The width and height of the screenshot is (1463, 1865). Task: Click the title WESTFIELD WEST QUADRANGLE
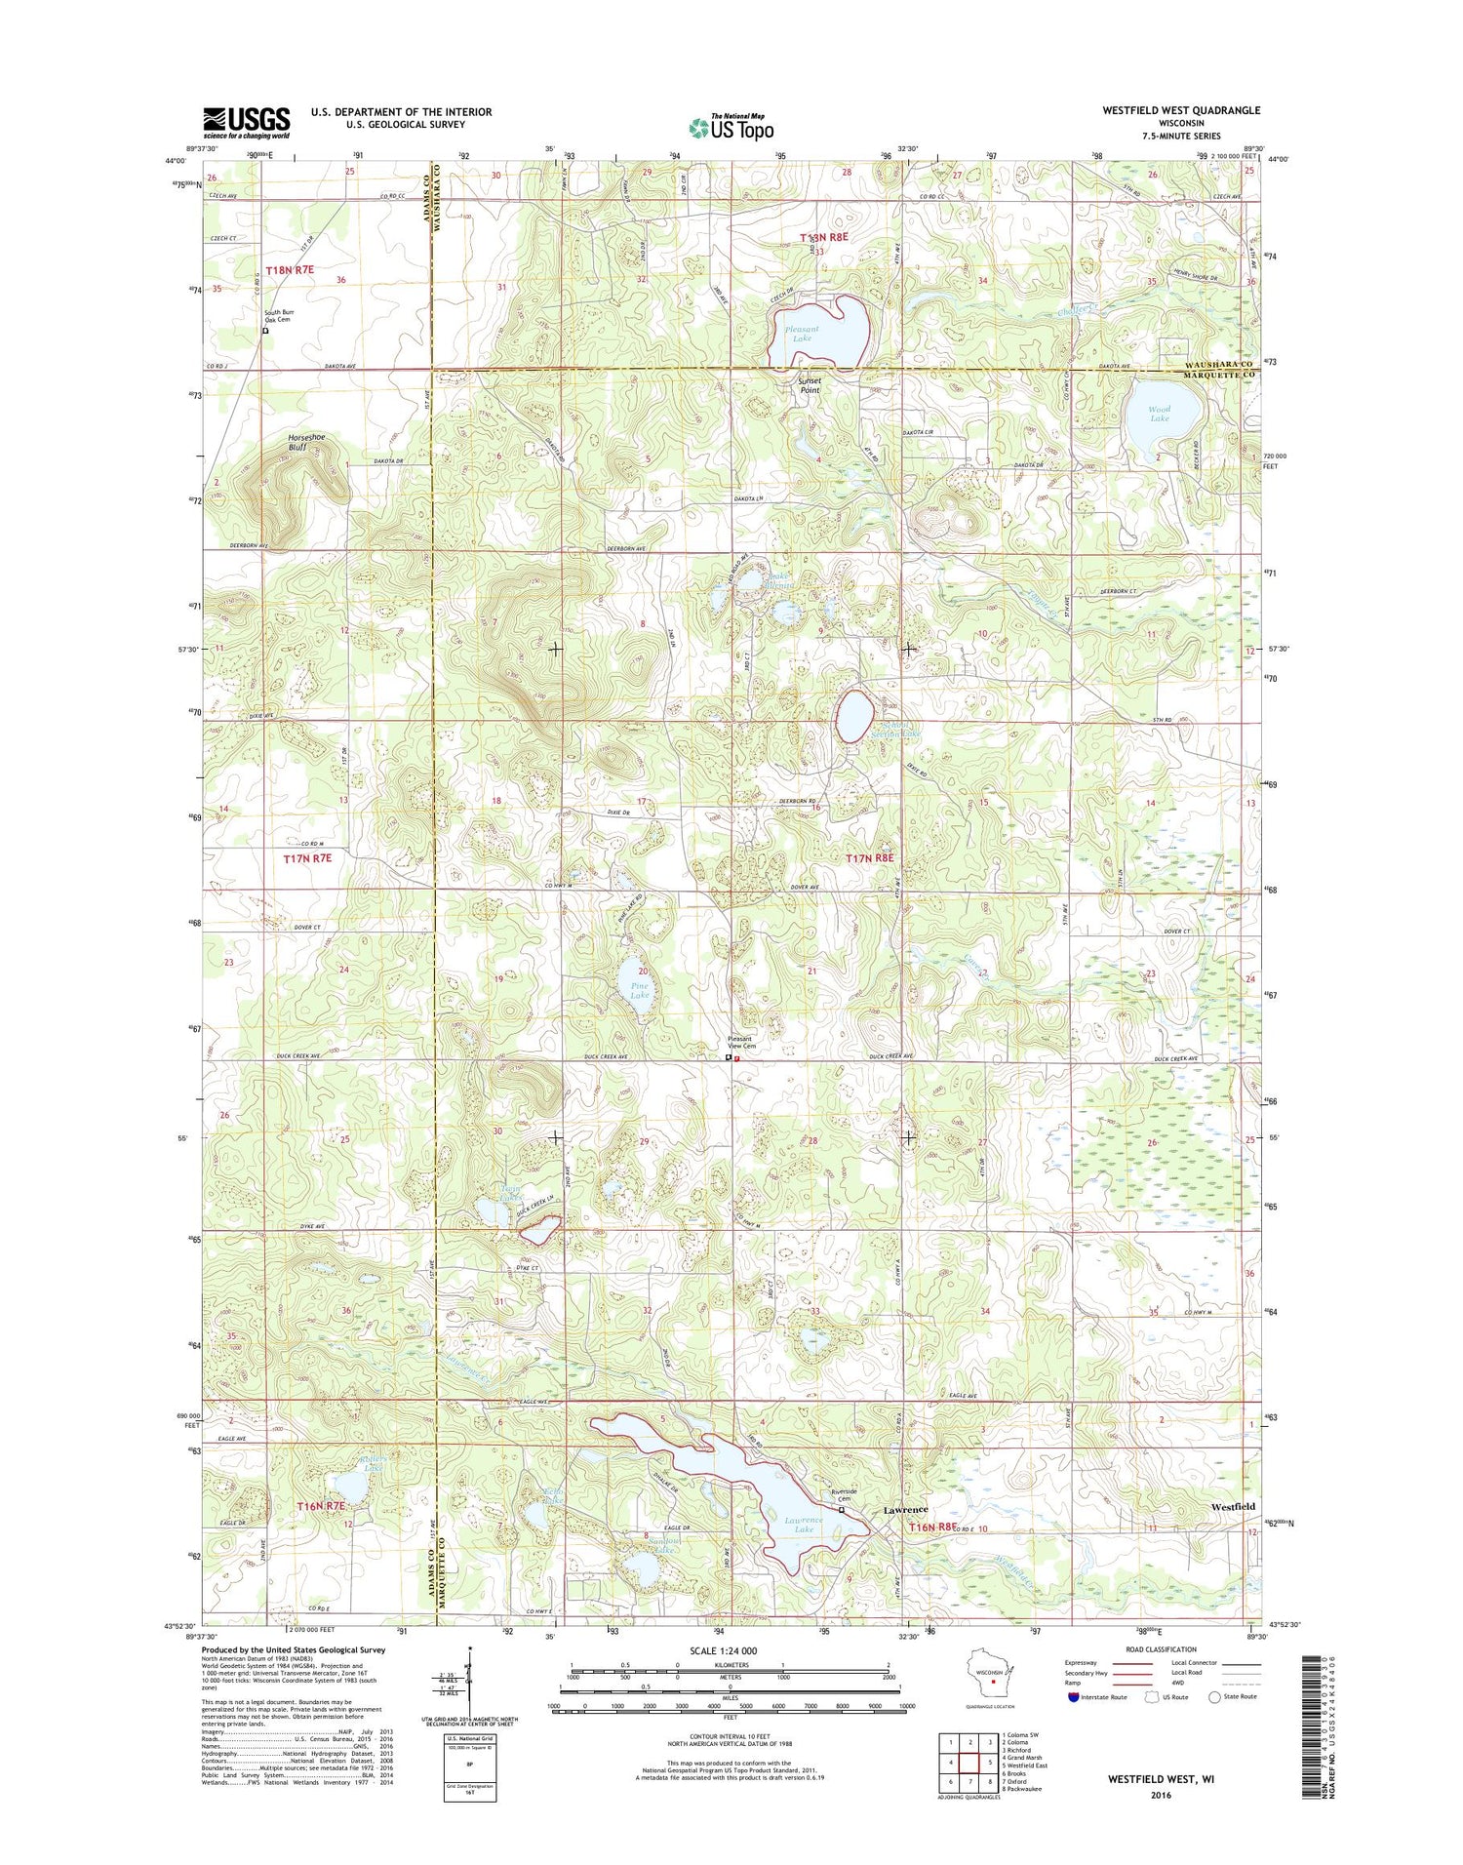pyautogui.click(x=1181, y=110)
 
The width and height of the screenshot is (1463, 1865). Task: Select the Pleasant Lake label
pyautogui.click(x=802, y=334)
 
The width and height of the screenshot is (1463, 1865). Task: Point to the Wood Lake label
pyautogui.click(x=1159, y=414)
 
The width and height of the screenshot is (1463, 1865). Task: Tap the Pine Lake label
pyautogui.click(x=639, y=990)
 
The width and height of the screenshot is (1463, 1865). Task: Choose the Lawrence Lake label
pyautogui.click(x=804, y=1525)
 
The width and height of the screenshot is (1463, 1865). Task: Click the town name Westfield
pyautogui.click(x=1233, y=1506)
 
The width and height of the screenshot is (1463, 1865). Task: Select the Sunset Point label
pyautogui.click(x=810, y=385)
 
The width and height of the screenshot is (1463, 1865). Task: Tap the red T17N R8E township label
pyautogui.click(x=869, y=857)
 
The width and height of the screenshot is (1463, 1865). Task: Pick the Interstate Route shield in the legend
pyautogui.click(x=1074, y=1696)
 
